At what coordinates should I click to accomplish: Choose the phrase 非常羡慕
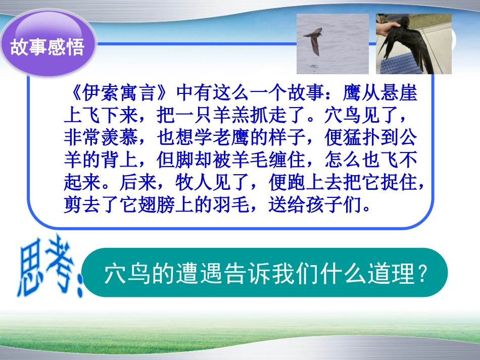[x=104, y=138]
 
